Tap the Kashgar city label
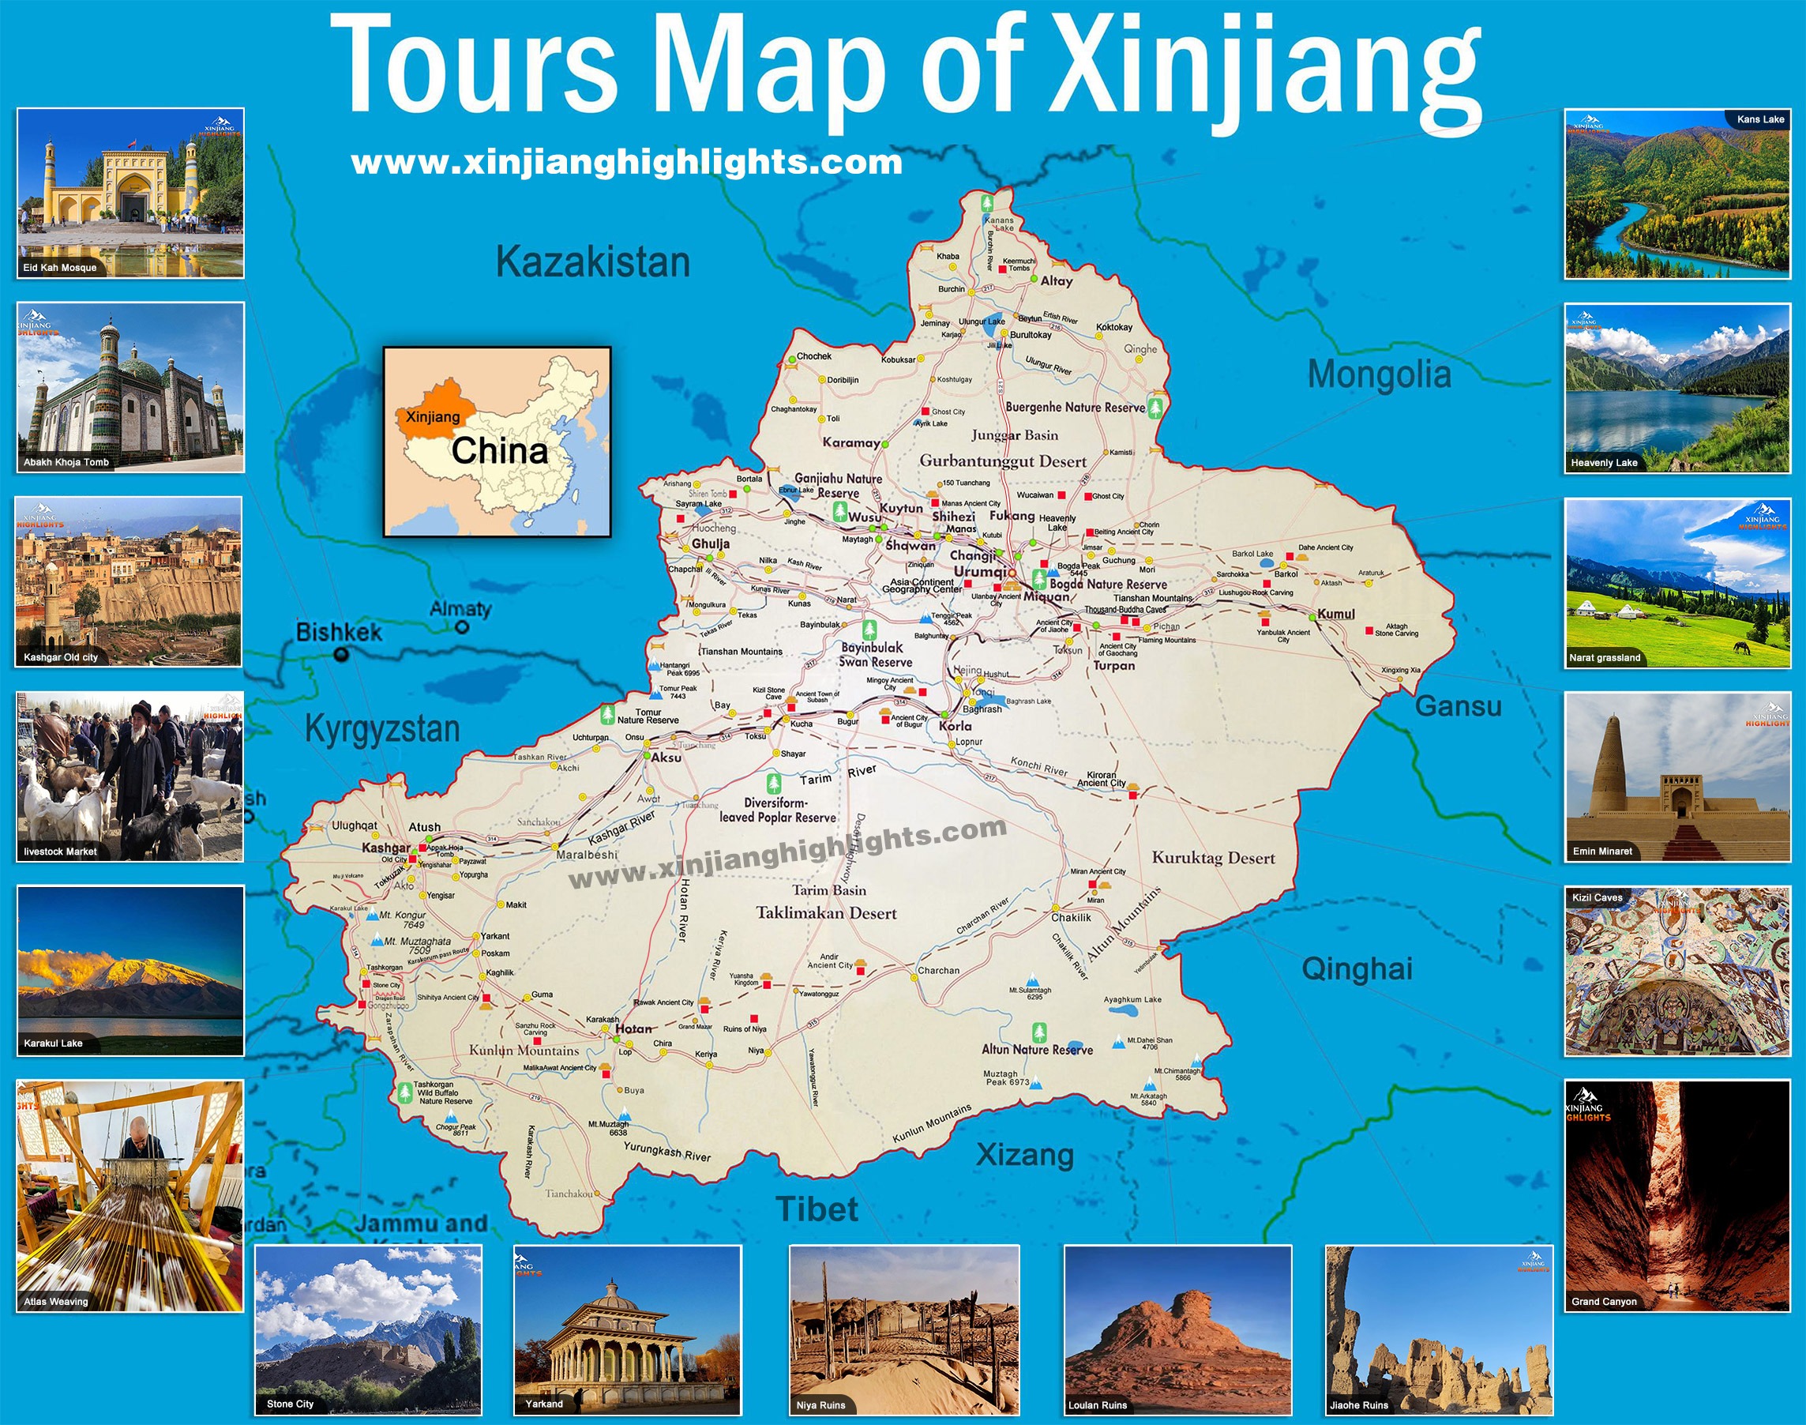click(x=385, y=848)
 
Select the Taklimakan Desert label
click(x=826, y=912)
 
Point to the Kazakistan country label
click(x=593, y=262)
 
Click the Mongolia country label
click(x=1379, y=374)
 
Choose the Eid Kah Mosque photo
click(x=130, y=192)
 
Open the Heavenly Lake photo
click(x=1676, y=388)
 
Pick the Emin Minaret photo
click(x=1676, y=776)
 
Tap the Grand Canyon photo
click(x=1676, y=1194)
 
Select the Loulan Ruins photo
click(x=1177, y=1330)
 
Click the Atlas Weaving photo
click(x=130, y=1194)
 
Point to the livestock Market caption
click(x=60, y=852)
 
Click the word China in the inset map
click(x=500, y=451)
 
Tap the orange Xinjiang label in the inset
click(x=433, y=416)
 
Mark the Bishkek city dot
click(x=340, y=655)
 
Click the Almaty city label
click(x=460, y=609)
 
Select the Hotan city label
click(x=633, y=1028)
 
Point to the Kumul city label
click(x=1335, y=614)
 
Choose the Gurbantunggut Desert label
click(x=1003, y=461)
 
